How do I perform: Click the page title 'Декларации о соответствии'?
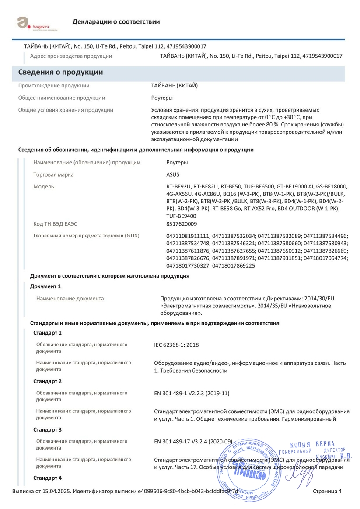click(x=116, y=22)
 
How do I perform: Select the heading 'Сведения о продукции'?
click(x=60, y=73)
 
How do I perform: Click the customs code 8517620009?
click(x=182, y=224)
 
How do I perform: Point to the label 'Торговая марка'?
click(x=53, y=174)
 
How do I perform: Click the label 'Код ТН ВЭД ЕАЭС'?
click(x=56, y=224)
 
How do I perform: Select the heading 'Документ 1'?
click(x=45, y=286)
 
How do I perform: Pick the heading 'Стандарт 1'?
click(x=48, y=333)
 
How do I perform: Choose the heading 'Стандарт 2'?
click(x=48, y=381)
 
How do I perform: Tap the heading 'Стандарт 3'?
click(x=48, y=430)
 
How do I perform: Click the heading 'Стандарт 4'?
click(x=48, y=478)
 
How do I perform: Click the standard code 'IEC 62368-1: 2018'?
click(x=176, y=345)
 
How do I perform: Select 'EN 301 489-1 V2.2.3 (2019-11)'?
click(x=192, y=394)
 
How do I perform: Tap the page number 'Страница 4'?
click(x=327, y=491)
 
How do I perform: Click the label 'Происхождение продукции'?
click(x=54, y=86)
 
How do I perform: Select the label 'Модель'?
click(x=44, y=187)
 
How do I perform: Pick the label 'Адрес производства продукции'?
click(x=71, y=56)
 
